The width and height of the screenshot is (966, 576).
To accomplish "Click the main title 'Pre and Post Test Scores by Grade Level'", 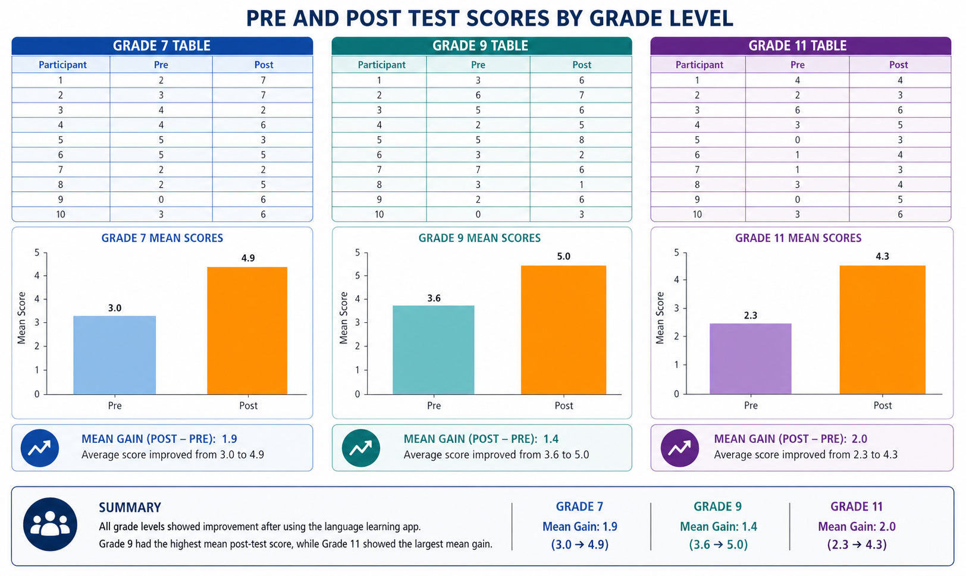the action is (490, 18).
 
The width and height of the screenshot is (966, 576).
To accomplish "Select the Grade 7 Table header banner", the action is (162, 46).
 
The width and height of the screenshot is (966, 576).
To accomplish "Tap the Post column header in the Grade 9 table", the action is (581, 65).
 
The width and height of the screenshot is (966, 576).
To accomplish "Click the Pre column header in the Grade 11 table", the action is (798, 65).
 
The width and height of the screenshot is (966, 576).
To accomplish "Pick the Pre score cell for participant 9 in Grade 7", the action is (161, 200).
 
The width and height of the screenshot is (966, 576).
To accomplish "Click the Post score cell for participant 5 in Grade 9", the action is (581, 140).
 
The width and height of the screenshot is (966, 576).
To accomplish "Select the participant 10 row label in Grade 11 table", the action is (697, 215).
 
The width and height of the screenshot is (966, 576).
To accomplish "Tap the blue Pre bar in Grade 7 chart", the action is (115, 355).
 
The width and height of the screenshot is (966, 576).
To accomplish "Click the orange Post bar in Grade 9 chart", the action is (564, 330).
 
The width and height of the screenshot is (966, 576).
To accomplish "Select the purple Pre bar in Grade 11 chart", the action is (751, 359).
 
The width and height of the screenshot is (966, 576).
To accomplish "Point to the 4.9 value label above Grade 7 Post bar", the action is (248, 258).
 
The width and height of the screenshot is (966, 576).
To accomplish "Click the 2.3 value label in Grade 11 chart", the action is (751, 316).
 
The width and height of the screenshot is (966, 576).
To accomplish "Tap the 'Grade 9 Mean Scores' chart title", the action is (479, 238).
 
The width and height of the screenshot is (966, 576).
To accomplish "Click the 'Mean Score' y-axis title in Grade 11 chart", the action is (660, 318).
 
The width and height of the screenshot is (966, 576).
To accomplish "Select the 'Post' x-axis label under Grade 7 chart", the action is (249, 405).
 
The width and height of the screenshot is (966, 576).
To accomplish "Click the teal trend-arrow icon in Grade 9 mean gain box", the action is (361, 448).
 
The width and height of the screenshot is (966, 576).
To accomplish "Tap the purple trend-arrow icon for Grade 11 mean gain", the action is (680, 448).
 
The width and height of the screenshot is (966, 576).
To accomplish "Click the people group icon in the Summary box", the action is (51, 524).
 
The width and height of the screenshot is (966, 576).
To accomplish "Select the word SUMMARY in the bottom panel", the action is (130, 508).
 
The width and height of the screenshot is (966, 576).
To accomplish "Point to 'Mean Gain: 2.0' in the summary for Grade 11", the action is (857, 527).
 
